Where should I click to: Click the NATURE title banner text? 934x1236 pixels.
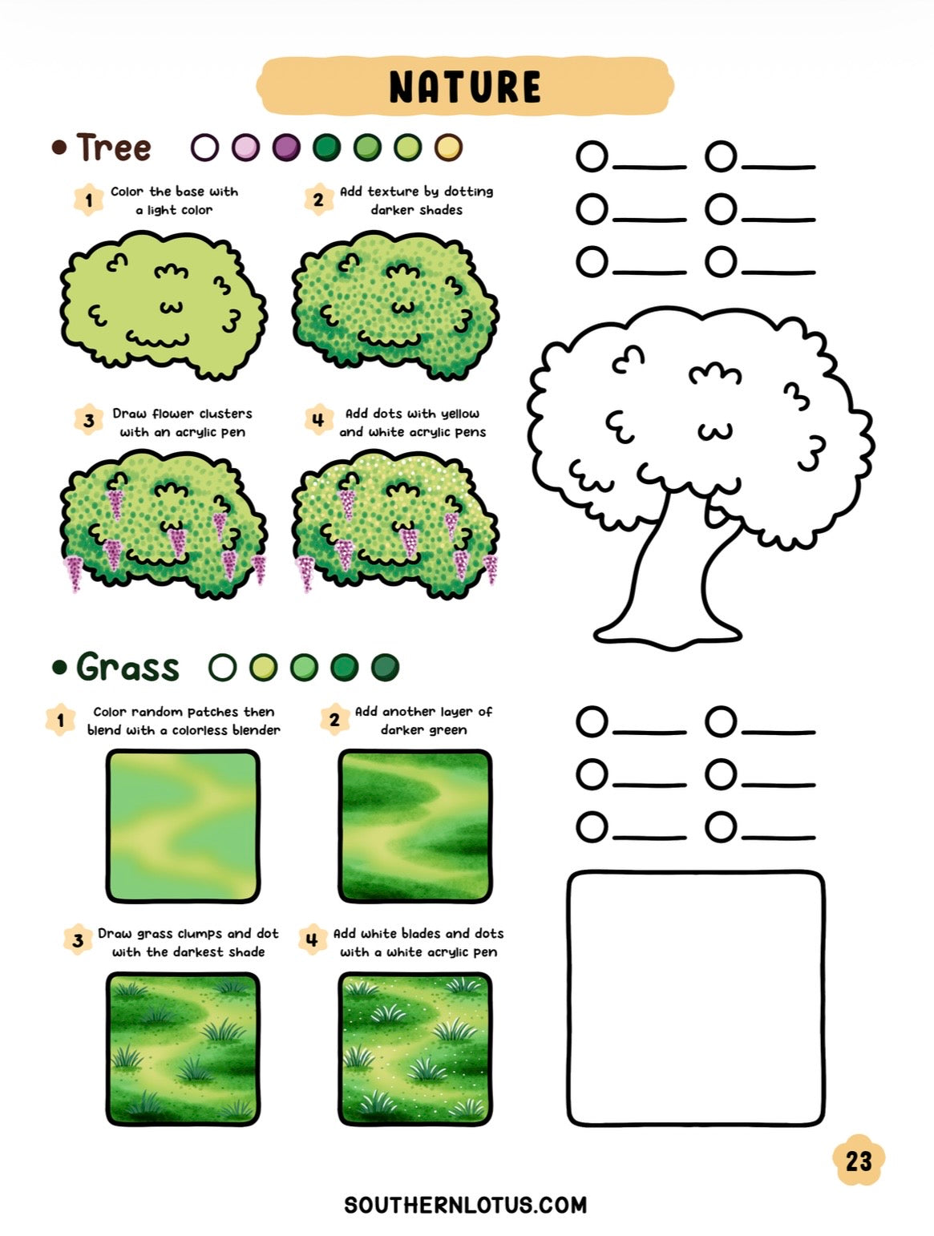pyautogui.click(x=465, y=87)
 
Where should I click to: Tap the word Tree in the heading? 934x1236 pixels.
pyautogui.click(x=114, y=147)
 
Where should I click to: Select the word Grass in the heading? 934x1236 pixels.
pyautogui.click(x=127, y=667)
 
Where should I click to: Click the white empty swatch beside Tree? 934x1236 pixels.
pyautogui.click(x=205, y=147)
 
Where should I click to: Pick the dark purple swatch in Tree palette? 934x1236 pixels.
pyautogui.click(x=286, y=147)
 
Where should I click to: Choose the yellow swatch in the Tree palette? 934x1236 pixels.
pyautogui.click(x=448, y=147)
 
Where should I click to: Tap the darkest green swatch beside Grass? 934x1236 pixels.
pyautogui.click(x=386, y=667)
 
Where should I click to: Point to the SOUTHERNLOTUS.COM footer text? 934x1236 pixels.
pyautogui.click(x=466, y=1205)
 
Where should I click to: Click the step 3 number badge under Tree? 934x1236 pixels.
pyautogui.click(x=89, y=420)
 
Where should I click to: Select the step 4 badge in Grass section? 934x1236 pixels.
pyautogui.click(x=313, y=939)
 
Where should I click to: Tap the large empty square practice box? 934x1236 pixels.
pyautogui.click(x=696, y=999)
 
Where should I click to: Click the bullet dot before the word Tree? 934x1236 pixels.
pyautogui.click(x=59, y=147)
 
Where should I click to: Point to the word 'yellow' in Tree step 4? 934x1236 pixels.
pyautogui.click(x=460, y=414)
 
